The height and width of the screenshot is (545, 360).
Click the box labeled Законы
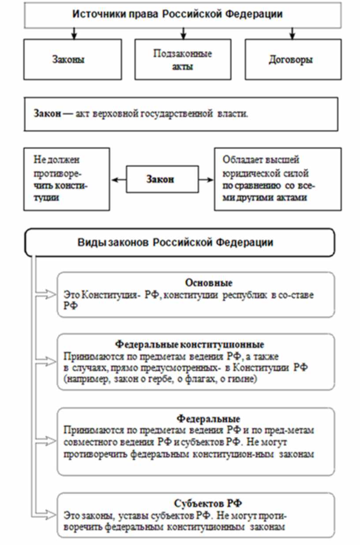coord(72,60)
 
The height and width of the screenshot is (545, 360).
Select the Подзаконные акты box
coord(183,60)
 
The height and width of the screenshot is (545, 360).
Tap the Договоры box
coord(293,60)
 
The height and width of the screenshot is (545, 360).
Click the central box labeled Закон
coord(160,180)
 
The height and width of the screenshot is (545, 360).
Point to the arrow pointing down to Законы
coord(74,34)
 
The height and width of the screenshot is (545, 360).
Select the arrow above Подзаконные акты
coord(183,34)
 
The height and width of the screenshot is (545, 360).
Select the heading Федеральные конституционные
coord(189,344)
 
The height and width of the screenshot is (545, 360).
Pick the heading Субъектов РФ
coord(208,504)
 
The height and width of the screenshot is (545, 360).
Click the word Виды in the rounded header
coord(88,243)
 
